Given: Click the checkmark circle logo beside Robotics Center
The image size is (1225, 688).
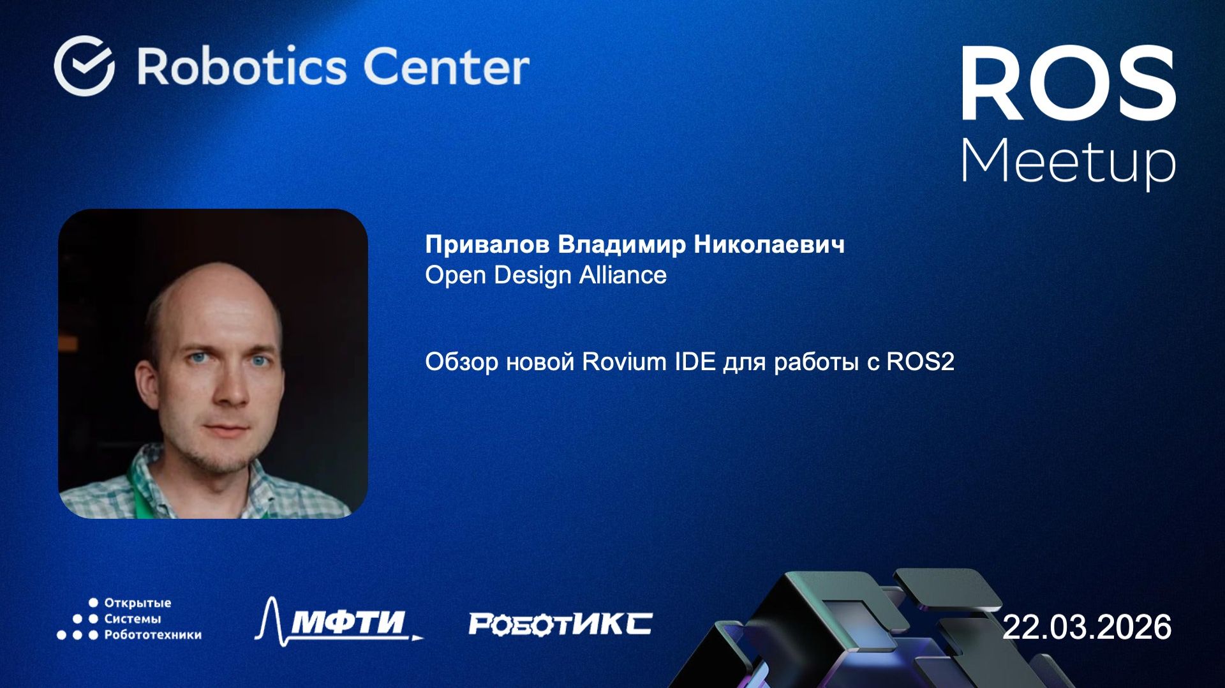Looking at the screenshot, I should click(84, 66).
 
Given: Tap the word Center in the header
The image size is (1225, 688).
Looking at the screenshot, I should click(447, 66).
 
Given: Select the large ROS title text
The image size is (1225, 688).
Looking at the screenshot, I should click(1068, 84).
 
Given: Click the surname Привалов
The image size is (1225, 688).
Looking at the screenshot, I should click(487, 244).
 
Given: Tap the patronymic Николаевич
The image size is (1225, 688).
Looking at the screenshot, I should click(769, 244).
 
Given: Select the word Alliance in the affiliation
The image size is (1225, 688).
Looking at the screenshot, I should click(623, 275).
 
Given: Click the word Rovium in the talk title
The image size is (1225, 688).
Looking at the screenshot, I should click(615, 362).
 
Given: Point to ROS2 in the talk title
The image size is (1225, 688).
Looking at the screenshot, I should click(920, 362).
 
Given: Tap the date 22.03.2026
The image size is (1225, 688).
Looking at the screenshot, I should click(1087, 627).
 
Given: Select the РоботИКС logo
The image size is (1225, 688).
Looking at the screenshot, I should click(560, 624).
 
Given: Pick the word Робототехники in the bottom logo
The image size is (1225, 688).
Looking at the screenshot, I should click(152, 635).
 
